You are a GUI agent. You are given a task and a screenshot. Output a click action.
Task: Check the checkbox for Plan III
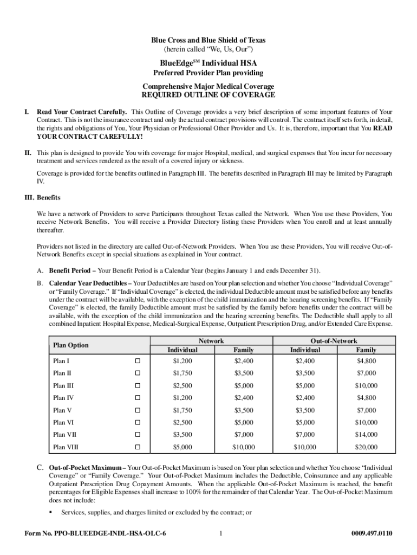(x=138, y=386)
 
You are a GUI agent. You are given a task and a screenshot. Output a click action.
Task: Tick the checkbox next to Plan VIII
(x=138, y=448)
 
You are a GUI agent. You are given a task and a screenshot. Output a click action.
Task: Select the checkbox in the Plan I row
(x=138, y=361)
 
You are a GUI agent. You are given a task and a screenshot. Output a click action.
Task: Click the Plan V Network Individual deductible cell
(x=183, y=410)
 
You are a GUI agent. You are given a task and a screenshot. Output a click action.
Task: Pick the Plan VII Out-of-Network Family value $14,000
(x=366, y=435)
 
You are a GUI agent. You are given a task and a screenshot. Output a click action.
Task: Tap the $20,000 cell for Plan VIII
(x=366, y=448)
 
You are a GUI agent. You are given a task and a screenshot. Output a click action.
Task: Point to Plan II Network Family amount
(x=243, y=373)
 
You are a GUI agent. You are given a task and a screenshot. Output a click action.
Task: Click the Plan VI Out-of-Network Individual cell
(x=304, y=423)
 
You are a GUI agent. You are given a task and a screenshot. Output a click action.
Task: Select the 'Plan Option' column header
(x=71, y=345)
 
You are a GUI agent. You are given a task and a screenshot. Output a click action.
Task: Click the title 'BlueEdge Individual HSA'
(x=208, y=63)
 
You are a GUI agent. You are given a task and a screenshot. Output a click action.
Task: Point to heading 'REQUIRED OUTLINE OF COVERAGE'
(x=208, y=95)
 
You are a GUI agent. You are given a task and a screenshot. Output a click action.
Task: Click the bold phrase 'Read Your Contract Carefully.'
(x=82, y=112)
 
